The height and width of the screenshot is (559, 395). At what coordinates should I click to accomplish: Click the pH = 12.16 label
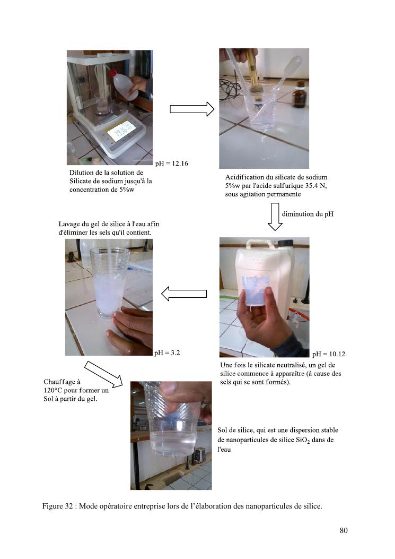tap(172, 164)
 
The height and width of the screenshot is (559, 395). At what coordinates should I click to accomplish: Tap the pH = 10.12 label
tap(329, 354)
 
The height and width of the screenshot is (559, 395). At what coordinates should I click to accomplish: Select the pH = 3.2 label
tap(167, 353)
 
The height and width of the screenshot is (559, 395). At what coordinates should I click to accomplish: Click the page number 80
tap(344, 530)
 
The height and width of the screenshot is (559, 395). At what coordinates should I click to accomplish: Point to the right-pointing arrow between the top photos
tap(192, 109)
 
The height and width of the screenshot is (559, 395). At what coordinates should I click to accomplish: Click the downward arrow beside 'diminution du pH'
tap(275, 217)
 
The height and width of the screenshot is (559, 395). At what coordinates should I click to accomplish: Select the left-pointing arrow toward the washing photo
tap(184, 294)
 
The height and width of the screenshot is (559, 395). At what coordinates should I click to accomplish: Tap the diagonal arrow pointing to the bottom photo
tap(103, 374)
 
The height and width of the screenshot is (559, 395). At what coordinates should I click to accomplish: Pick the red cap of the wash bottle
tap(113, 74)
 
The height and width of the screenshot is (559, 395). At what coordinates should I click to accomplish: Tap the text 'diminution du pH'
tap(308, 214)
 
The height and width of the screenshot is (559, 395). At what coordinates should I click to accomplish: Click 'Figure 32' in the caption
tap(57, 506)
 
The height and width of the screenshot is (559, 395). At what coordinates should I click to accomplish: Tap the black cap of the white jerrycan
tap(285, 243)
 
